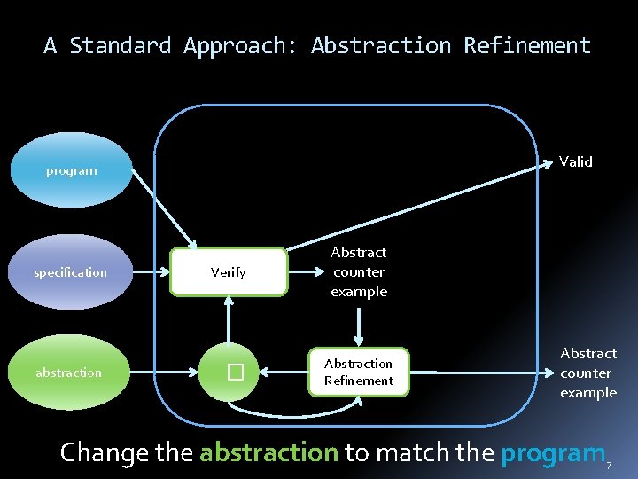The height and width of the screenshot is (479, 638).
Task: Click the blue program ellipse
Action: [x=71, y=170]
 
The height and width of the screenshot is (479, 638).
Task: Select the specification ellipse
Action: [x=70, y=272]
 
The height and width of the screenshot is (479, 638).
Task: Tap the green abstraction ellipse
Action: [x=69, y=373]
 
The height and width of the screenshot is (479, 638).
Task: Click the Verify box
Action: [x=229, y=272]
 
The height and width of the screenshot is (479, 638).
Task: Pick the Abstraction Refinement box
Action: [x=359, y=372]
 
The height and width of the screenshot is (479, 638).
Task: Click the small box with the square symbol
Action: [x=233, y=373]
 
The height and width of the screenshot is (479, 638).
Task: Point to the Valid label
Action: [x=576, y=161]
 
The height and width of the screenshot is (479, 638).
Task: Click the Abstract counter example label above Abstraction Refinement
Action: [x=359, y=271]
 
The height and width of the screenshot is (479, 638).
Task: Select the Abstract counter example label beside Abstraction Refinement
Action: [x=587, y=373]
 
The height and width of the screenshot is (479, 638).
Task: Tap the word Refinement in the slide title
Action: [x=527, y=45]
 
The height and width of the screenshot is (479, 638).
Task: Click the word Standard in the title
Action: [x=127, y=45]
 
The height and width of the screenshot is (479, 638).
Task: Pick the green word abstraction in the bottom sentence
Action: [x=268, y=452]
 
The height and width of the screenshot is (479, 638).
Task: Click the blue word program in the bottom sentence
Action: [x=552, y=452]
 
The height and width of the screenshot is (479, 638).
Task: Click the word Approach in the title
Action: [x=241, y=45]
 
